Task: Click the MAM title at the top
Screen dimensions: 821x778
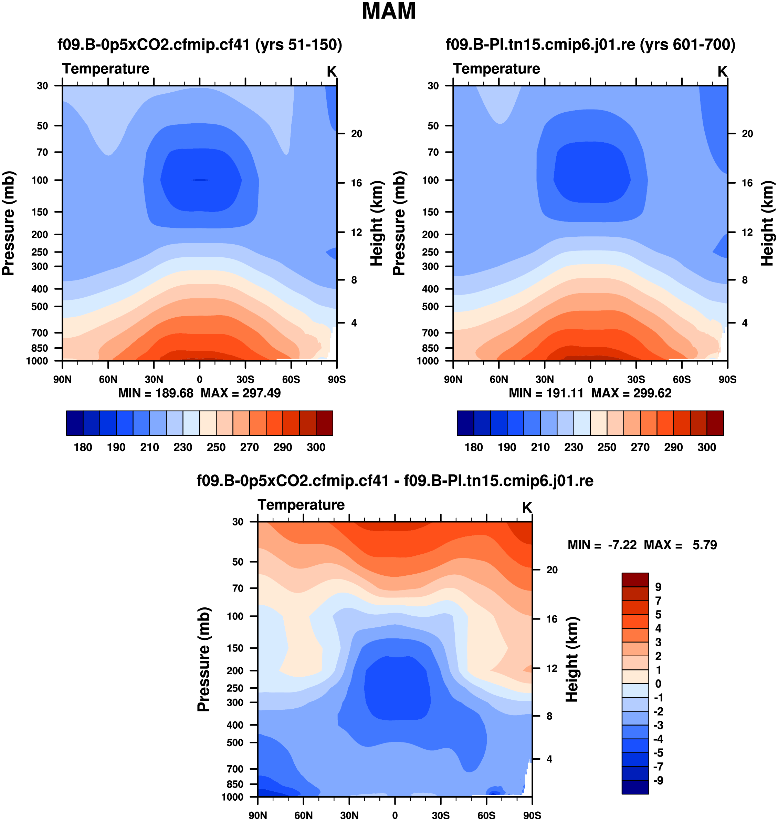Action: pyautogui.click(x=389, y=11)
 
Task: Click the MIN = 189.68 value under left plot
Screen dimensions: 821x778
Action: pyautogui.click(x=156, y=393)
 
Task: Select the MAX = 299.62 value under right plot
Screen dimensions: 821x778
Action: pyautogui.click(x=631, y=393)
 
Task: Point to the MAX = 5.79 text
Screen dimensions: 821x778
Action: pyautogui.click(x=680, y=545)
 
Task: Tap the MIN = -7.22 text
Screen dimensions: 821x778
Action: pyautogui.click(x=602, y=545)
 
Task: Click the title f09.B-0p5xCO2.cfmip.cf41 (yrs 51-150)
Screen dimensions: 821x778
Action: pyautogui.click(x=199, y=44)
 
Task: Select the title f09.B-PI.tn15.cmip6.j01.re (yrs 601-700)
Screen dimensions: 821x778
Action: pyautogui.click(x=590, y=44)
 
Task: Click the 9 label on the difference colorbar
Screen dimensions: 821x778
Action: pyautogui.click(x=658, y=587)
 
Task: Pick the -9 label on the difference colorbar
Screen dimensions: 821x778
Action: pyautogui.click(x=658, y=780)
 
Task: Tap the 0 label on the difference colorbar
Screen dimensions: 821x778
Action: pyautogui.click(x=658, y=684)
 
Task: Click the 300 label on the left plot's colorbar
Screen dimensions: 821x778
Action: pyautogui.click(x=316, y=447)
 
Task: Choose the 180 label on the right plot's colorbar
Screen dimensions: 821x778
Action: pyautogui.click(x=474, y=447)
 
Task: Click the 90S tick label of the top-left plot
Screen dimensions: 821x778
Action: pyautogui.click(x=337, y=379)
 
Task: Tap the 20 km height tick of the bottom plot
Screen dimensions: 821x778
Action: pyautogui.click(x=552, y=570)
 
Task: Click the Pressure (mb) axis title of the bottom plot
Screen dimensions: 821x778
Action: pyautogui.click(x=204, y=659)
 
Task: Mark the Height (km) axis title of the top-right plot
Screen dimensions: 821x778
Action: pyautogui.click(x=768, y=223)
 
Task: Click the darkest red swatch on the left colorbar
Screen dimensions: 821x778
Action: pyautogui.click(x=324, y=423)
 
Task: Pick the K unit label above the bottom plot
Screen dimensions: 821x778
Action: pyautogui.click(x=527, y=507)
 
